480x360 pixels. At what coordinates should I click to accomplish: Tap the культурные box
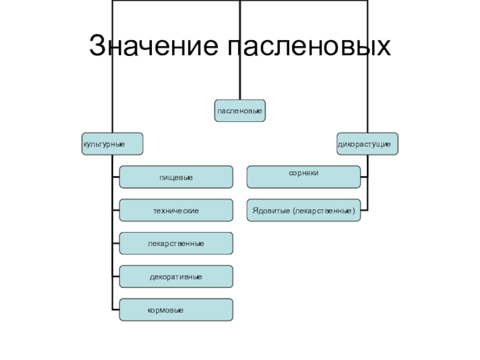(x=112, y=145)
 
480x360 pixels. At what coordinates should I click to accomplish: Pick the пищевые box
(x=176, y=177)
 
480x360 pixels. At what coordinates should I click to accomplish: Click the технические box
(x=176, y=210)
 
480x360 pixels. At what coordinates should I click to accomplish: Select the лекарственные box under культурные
(x=176, y=243)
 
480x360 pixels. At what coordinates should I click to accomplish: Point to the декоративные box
(x=176, y=276)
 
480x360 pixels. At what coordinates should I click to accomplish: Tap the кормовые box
(x=176, y=309)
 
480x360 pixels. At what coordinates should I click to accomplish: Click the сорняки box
(x=304, y=176)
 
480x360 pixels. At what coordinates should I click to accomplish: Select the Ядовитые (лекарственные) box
(x=304, y=210)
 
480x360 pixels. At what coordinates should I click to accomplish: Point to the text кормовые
(x=166, y=310)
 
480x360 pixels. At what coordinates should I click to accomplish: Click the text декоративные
(x=176, y=277)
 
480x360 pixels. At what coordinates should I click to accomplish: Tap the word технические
(x=176, y=211)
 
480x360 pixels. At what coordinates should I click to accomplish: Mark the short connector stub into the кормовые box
(x=115, y=309)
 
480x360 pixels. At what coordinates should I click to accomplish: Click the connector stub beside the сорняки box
(x=364, y=176)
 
